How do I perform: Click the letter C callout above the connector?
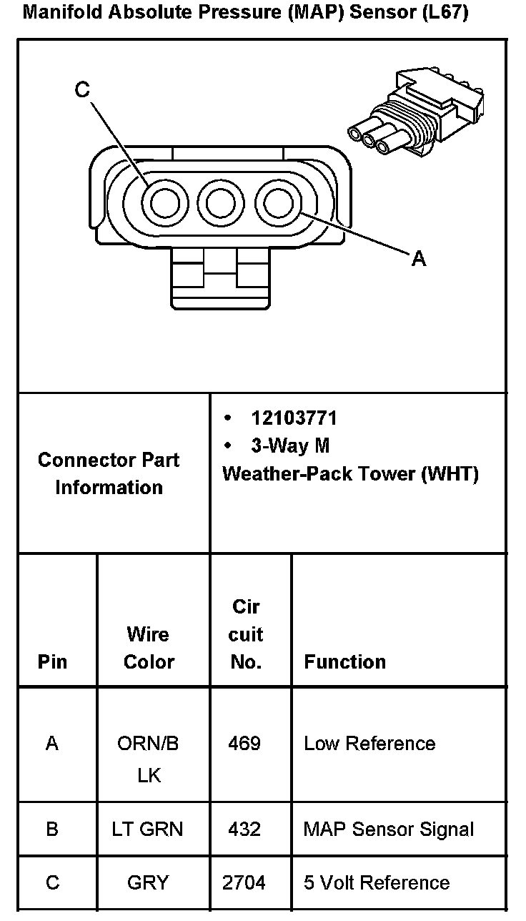82,89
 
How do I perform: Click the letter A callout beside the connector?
419,259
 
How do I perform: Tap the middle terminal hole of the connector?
221,204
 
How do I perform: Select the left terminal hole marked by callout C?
165,204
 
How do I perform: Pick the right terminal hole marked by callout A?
278,204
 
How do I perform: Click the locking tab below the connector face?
221,278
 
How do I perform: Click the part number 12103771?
294,418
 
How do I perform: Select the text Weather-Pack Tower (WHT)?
350,473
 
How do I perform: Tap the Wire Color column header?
149,648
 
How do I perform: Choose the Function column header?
344,662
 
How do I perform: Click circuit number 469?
244,744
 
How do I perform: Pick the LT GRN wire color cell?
147,829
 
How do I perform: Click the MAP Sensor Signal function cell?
389,829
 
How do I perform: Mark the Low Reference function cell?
370,744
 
